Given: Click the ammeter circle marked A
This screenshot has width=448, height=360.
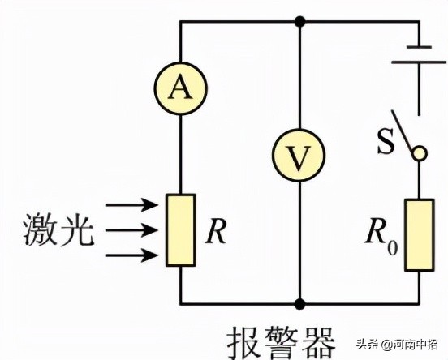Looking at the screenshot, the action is pos(180,88).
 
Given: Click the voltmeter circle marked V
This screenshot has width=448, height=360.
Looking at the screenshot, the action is pos(299,156).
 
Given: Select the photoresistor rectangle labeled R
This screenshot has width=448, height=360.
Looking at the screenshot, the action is pos(181,230).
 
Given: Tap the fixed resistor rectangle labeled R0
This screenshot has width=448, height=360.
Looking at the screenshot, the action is pos(420,234).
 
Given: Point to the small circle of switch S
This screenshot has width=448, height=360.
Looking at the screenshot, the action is pos(420,153).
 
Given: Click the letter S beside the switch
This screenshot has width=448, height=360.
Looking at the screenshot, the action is pos(386,141).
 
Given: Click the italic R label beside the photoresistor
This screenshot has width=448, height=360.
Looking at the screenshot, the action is pos(216,232).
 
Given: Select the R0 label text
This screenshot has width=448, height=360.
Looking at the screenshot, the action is pos(381,236).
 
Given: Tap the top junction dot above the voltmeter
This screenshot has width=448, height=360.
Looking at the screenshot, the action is pos(299,21).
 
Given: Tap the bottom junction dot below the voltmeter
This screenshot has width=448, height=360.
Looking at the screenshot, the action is pos(299,304).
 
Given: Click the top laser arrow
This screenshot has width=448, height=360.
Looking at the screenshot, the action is pos(131,205).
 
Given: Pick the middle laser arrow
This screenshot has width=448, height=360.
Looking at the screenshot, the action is pos(131,230).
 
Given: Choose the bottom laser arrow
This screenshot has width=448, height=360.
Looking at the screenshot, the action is pos(131,255).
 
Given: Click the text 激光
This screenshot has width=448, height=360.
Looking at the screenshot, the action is pos(58,229).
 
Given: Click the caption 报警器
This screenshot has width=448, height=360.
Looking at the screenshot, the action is pos(281,343).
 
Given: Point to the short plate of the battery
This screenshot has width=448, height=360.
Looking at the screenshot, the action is pos(419,47).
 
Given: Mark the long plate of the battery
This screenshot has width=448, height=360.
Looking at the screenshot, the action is pos(419,62).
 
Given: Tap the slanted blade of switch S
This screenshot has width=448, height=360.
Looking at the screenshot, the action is pos(403,131).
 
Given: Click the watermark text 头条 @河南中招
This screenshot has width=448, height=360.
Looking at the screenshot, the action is pos(397,344).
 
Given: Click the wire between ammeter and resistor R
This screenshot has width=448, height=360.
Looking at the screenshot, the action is pos(180,154).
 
